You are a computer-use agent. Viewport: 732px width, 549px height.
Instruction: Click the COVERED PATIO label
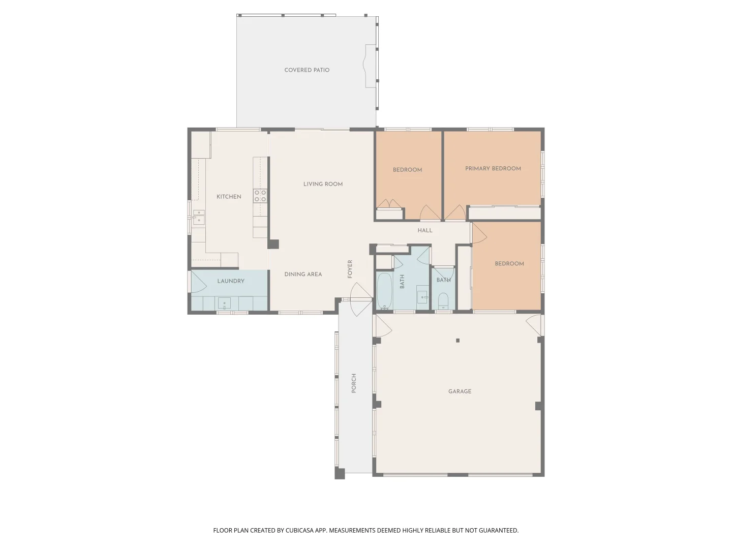[307, 70]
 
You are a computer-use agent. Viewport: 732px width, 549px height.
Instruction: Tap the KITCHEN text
[229, 197]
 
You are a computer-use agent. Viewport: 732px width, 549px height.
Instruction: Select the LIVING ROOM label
[323, 184]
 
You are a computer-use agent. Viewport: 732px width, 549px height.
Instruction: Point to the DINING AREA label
[303, 274]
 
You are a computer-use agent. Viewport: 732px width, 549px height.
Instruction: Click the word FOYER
[350, 269]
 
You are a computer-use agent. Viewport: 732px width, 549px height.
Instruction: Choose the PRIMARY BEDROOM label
[493, 169]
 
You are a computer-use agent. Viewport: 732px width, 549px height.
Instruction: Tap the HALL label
[425, 230]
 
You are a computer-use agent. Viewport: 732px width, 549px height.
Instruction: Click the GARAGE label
[460, 391]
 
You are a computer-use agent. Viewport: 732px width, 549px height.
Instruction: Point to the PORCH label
[354, 383]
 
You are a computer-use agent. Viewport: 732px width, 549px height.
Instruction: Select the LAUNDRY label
[231, 281]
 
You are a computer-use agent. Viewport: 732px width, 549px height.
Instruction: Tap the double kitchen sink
[198, 217]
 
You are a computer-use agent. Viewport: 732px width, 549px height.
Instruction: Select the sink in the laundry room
[224, 304]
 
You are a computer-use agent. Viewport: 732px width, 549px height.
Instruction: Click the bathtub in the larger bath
[384, 291]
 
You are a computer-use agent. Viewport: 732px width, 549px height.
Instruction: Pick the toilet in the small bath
[443, 301]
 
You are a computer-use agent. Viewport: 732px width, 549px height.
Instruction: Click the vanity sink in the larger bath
[422, 297]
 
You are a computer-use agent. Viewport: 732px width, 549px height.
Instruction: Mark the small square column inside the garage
[457, 341]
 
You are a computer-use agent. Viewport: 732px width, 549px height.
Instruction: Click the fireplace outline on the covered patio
[370, 66]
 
